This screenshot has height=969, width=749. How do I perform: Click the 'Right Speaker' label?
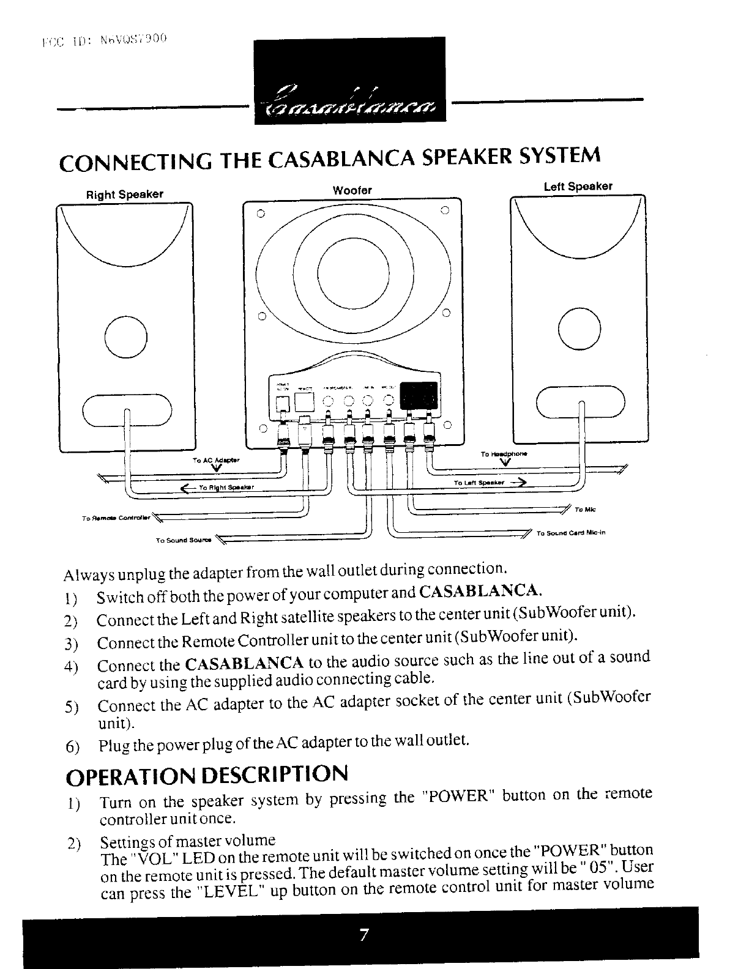click(x=124, y=195)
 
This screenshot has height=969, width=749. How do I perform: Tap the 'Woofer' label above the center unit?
click(x=352, y=190)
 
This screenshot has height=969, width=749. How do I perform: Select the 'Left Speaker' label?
click(x=578, y=187)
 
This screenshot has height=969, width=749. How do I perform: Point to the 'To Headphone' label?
click(x=504, y=455)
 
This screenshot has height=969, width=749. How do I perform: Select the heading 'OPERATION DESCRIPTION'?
click(x=206, y=774)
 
